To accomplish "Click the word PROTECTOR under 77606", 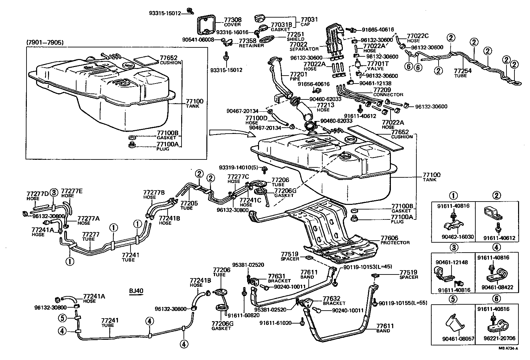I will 395,243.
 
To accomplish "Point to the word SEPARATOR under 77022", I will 304,49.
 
